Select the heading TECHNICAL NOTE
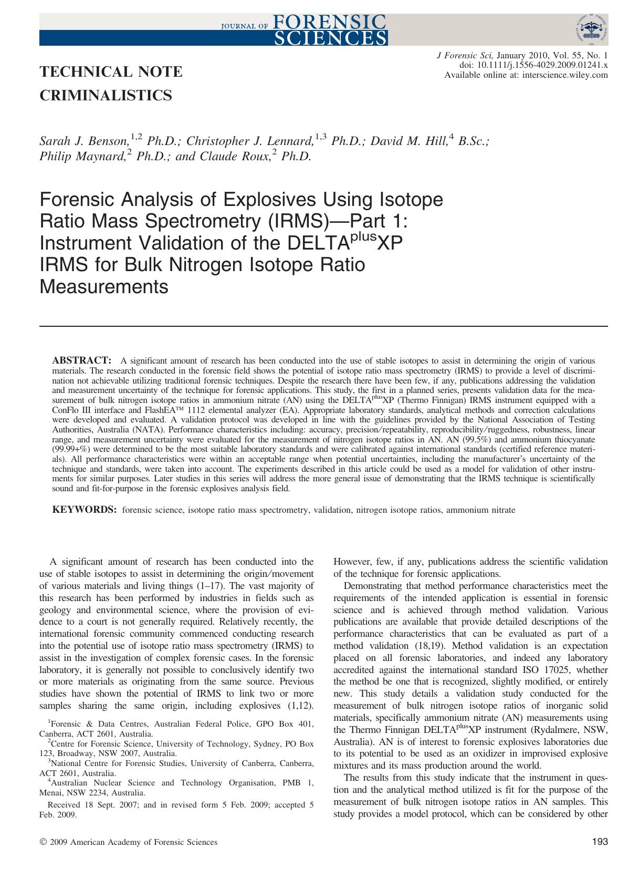(111, 71)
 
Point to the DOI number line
(533, 65)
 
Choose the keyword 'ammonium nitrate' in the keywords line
(481, 510)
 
